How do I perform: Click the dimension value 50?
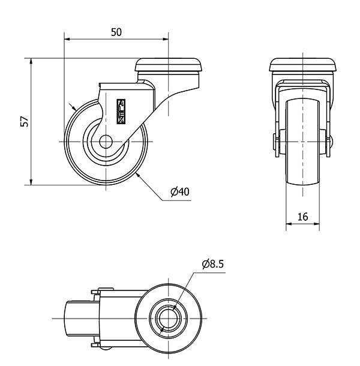coord(116,32)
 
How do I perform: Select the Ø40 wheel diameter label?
coord(180,192)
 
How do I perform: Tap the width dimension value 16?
coord(302,217)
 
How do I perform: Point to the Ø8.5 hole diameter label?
coord(213,263)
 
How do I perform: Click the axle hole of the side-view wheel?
coord(105,142)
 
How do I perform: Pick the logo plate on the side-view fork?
coord(119,112)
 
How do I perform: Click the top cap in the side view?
coord(169,64)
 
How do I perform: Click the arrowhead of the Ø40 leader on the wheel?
coord(137,174)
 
